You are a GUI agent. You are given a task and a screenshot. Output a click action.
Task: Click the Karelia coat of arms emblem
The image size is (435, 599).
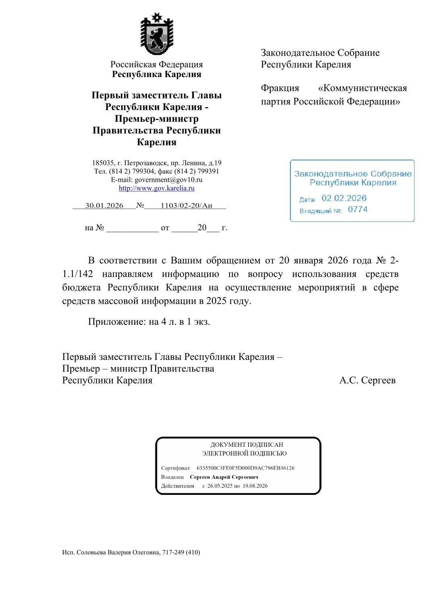(156, 35)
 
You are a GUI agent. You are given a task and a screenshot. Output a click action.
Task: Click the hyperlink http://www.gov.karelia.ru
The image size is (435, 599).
(156, 188)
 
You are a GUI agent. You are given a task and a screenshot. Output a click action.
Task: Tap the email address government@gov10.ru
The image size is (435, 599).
(168, 180)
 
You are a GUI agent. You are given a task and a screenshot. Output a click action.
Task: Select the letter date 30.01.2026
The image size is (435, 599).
(104, 205)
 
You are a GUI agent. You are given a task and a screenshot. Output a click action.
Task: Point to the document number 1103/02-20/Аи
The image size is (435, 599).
(186, 205)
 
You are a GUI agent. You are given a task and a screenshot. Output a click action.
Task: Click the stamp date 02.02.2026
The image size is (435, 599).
(344, 198)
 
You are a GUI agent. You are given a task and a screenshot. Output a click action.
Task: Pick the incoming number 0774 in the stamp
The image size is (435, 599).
(358, 209)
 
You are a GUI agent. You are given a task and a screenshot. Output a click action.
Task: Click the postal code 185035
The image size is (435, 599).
(103, 163)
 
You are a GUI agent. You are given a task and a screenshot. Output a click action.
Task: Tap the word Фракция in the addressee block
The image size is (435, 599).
(280, 88)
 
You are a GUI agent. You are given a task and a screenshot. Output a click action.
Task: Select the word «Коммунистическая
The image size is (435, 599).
(362, 88)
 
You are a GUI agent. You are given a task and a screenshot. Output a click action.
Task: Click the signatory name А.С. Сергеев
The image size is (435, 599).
(367, 380)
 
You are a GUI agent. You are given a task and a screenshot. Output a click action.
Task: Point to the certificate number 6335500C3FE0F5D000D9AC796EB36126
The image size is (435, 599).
(245, 468)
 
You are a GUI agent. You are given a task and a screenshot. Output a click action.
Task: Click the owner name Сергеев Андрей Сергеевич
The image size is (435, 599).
(224, 477)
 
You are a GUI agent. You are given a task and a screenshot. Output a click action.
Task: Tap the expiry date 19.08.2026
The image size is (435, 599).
(255, 486)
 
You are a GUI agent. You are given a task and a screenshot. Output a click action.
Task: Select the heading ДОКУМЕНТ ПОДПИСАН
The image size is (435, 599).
(246, 445)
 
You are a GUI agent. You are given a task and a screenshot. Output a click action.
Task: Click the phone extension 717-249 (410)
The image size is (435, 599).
(181, 552)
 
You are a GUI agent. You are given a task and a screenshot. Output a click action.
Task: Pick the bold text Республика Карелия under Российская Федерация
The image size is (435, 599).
(156, 74)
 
